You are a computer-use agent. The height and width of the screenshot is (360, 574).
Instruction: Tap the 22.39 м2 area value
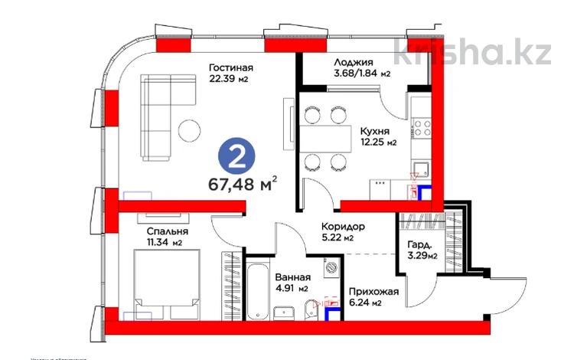(230, 79)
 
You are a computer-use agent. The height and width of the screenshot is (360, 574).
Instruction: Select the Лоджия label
(353, 62)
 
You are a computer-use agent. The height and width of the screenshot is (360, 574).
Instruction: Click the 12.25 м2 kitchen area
(378, 142)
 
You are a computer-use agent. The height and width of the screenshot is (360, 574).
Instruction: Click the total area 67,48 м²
(242, 185)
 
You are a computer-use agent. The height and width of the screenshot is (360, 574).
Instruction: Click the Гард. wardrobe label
(420, 244)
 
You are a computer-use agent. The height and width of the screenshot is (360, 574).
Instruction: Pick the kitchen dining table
(319, 139)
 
